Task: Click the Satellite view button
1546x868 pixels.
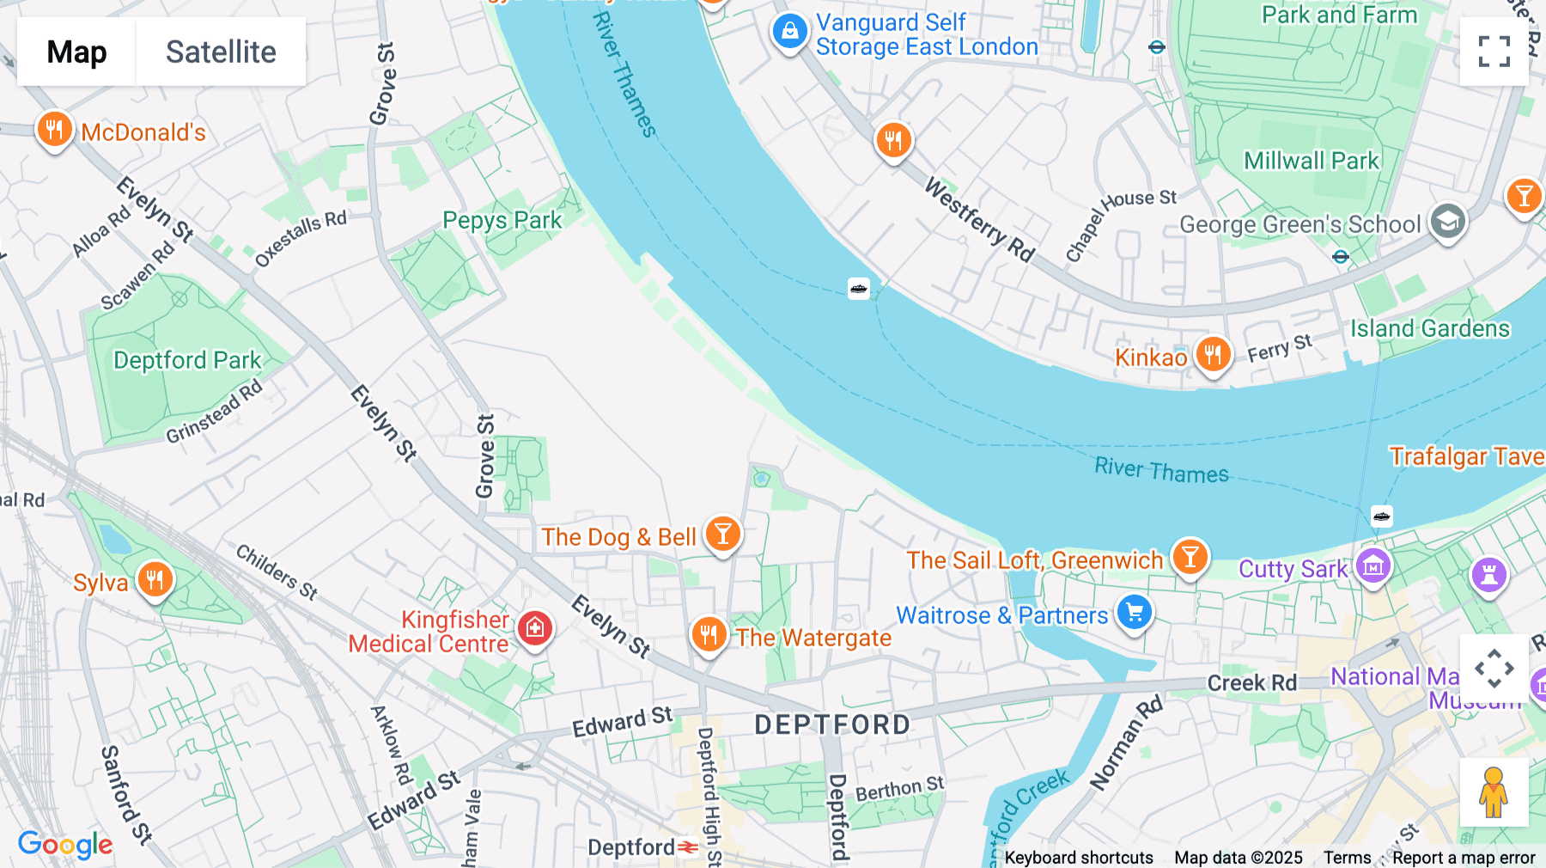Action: (x=221, y=52)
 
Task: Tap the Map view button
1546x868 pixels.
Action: (x=76, y=52)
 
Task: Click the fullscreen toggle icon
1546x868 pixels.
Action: (x=1494, y=52)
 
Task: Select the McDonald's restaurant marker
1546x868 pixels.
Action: (x=53, y=131)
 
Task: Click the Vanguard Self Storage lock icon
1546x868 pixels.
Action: (x=789, y=33)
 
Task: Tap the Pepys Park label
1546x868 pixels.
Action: (x=502, y=220)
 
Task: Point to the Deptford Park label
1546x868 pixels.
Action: (x=187, y=360)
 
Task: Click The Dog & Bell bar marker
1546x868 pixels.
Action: (x=722, y=535)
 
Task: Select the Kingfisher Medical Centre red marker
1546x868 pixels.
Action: (x=534, y=628)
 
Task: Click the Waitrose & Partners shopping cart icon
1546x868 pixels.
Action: (x=1135, y=613)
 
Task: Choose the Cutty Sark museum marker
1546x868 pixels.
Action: (x=1373, y=567)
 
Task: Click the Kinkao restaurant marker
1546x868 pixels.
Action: (x=1213, y=353)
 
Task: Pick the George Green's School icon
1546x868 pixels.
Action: (x=1447, y=222)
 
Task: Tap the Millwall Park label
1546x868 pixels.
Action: (x=1311, y=161)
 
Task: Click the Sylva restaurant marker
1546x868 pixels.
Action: (x=155, y=580)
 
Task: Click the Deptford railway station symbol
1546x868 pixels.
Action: (x=688, y=847)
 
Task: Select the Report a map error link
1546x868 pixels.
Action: (x=1464, y=858)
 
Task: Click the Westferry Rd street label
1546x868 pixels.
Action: (x=978, y=219)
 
